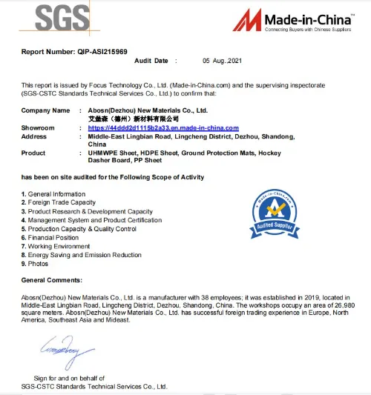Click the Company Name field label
coord(46,110)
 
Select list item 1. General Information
coord(53,194)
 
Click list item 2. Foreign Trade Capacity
coord(59,202)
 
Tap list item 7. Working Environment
coord(57,246)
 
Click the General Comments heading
coord(52,280)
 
